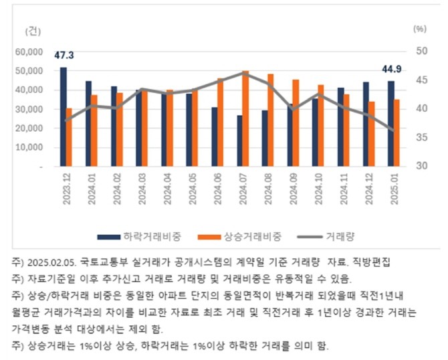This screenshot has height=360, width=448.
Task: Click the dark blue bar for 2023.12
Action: pyautogui.click(x=63, y=116)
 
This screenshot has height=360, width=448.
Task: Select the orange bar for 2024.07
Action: pyautogui.click(x=245, y=118)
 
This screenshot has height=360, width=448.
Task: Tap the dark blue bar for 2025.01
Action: pyautogui.click(x=390, y=124)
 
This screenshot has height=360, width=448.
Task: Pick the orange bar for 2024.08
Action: pyautogui.click(x=270, y=120)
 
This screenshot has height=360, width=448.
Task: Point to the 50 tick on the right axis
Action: pyautogui.click(x=420, y=52)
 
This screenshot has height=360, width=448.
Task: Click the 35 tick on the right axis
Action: pyautogui.click(x=420, y=137)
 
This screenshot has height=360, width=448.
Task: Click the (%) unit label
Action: pyautogui.click(x=419, y=29)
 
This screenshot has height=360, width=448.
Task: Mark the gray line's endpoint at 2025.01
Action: pyautogui.click(x=393, y=130)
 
